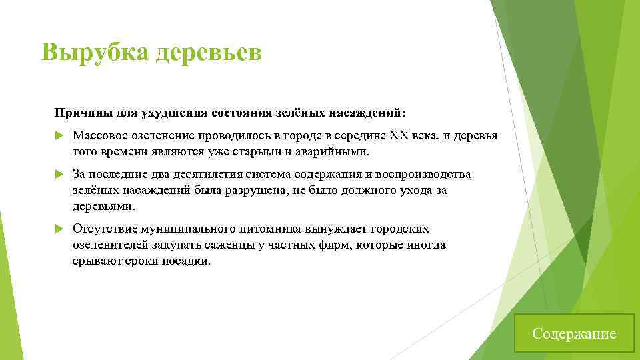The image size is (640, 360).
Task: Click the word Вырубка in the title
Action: click(95, 51)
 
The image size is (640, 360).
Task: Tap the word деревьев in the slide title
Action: click(209, 51)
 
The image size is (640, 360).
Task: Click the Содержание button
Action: click(574, 333)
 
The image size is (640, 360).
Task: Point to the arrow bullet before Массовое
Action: click(58, 135)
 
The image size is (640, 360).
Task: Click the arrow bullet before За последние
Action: click(58, 175)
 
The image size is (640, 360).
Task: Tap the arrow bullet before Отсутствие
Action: click(58, 229)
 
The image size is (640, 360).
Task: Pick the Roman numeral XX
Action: click(398, 135)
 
